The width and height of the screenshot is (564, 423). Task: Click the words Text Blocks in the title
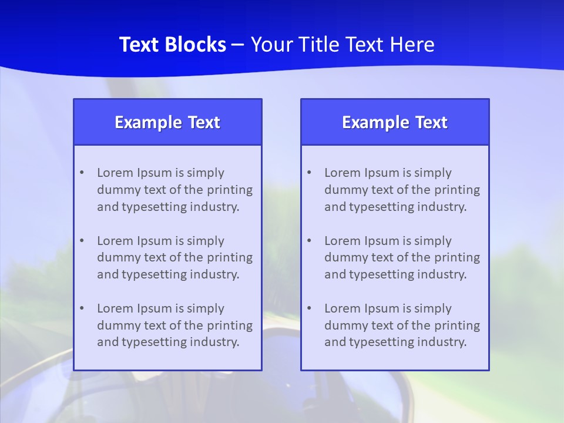[x=172, y=45]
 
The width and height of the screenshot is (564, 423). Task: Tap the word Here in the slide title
[x=413, y=45]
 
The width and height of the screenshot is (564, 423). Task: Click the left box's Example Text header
[x=167, y=122]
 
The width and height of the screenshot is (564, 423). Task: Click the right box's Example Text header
[x=395, y=122]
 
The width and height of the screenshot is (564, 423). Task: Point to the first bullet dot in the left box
[x=82, y=173]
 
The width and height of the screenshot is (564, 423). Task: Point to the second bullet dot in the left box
[x=82, y=241]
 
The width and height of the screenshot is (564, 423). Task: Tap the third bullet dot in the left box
[x=82, y=308]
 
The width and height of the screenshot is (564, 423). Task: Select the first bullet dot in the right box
[x=309, y=173]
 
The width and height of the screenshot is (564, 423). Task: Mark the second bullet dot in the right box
[x=309, y=241]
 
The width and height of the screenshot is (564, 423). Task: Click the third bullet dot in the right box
[x=309, y=308]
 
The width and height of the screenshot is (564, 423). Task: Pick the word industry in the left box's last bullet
[x=215, y=343]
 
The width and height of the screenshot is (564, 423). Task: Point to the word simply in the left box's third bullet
[x=206, y=309]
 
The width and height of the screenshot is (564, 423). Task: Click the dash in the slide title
[x=238, y=45]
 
